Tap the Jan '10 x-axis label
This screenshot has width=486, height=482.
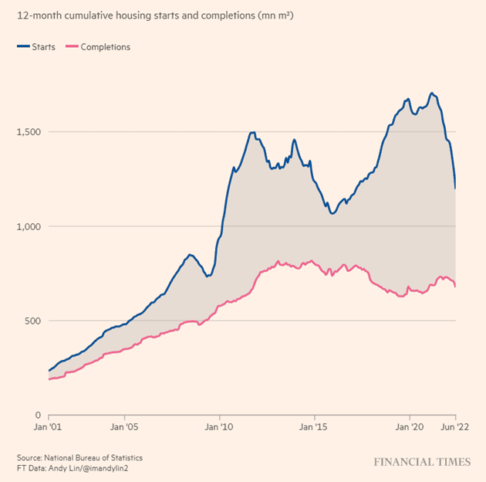pyautogui.click(x=219, y=426)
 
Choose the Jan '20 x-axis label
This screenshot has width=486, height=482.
pyautogui.click(x=408, y=426)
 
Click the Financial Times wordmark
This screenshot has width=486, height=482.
pyautogui.click(x=421, y=462)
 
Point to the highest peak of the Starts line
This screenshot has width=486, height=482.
pyautogui.click(x=432, y=93)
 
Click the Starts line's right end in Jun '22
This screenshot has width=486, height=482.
pyautogui.click(x=455, y=188)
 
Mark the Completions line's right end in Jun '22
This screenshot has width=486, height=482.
pyautogui.click(x=455, y=287)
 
